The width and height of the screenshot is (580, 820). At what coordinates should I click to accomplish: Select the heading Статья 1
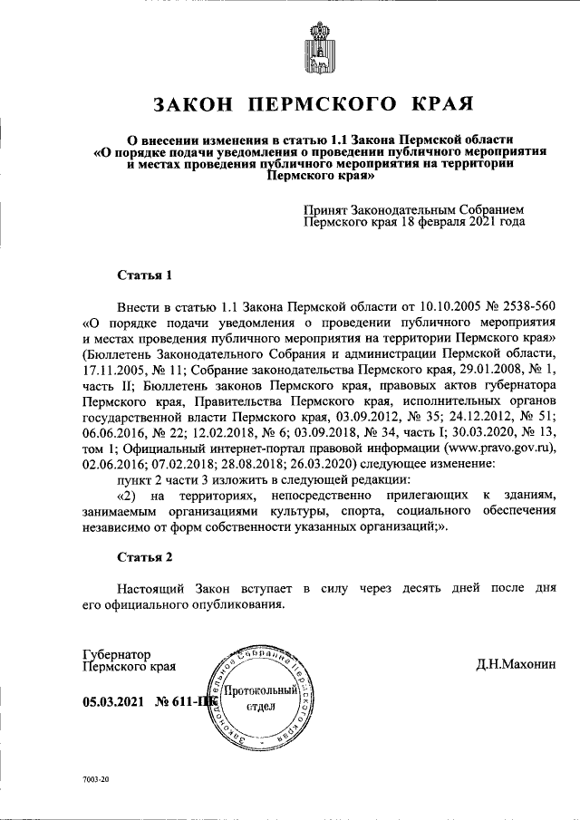pyautogui.click(x=144, y=274)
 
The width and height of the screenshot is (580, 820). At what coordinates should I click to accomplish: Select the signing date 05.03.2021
pyautogui.click(x=113, y=701)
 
